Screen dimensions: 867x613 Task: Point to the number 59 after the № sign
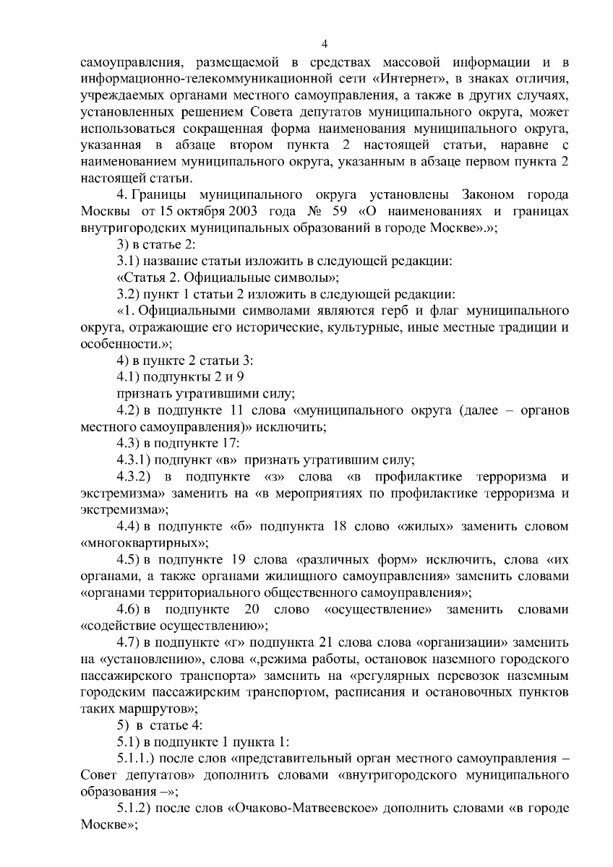(323, 211)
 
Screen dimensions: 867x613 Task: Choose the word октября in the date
(184, 211)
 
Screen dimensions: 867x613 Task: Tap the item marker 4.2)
(129, 410)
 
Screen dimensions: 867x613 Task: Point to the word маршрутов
(151, 709)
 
